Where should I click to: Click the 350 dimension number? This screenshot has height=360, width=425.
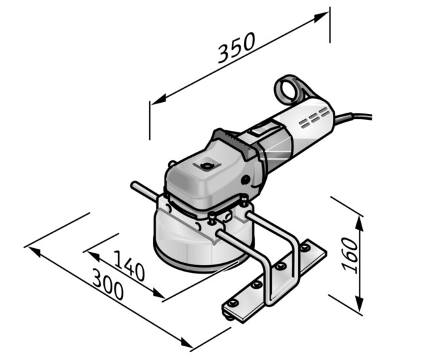coord(236,48)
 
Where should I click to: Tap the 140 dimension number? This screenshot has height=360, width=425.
coord(129,265)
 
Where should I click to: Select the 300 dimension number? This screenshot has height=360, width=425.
coord(108,284)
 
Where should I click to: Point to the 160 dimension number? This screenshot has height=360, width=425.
coord(350,254)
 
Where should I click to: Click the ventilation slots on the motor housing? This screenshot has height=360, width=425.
coord(314,117)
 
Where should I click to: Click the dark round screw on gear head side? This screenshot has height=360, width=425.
coord(246,179)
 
